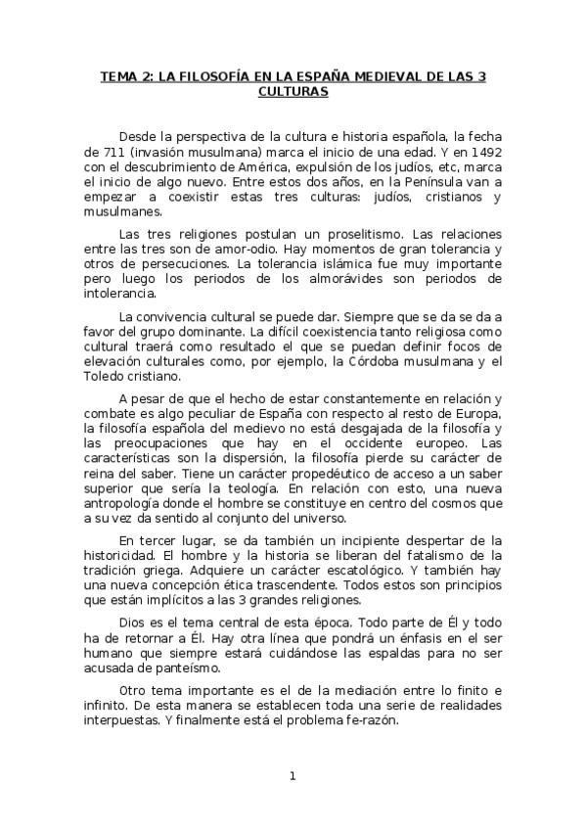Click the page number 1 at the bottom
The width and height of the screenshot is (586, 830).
point(292,776)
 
